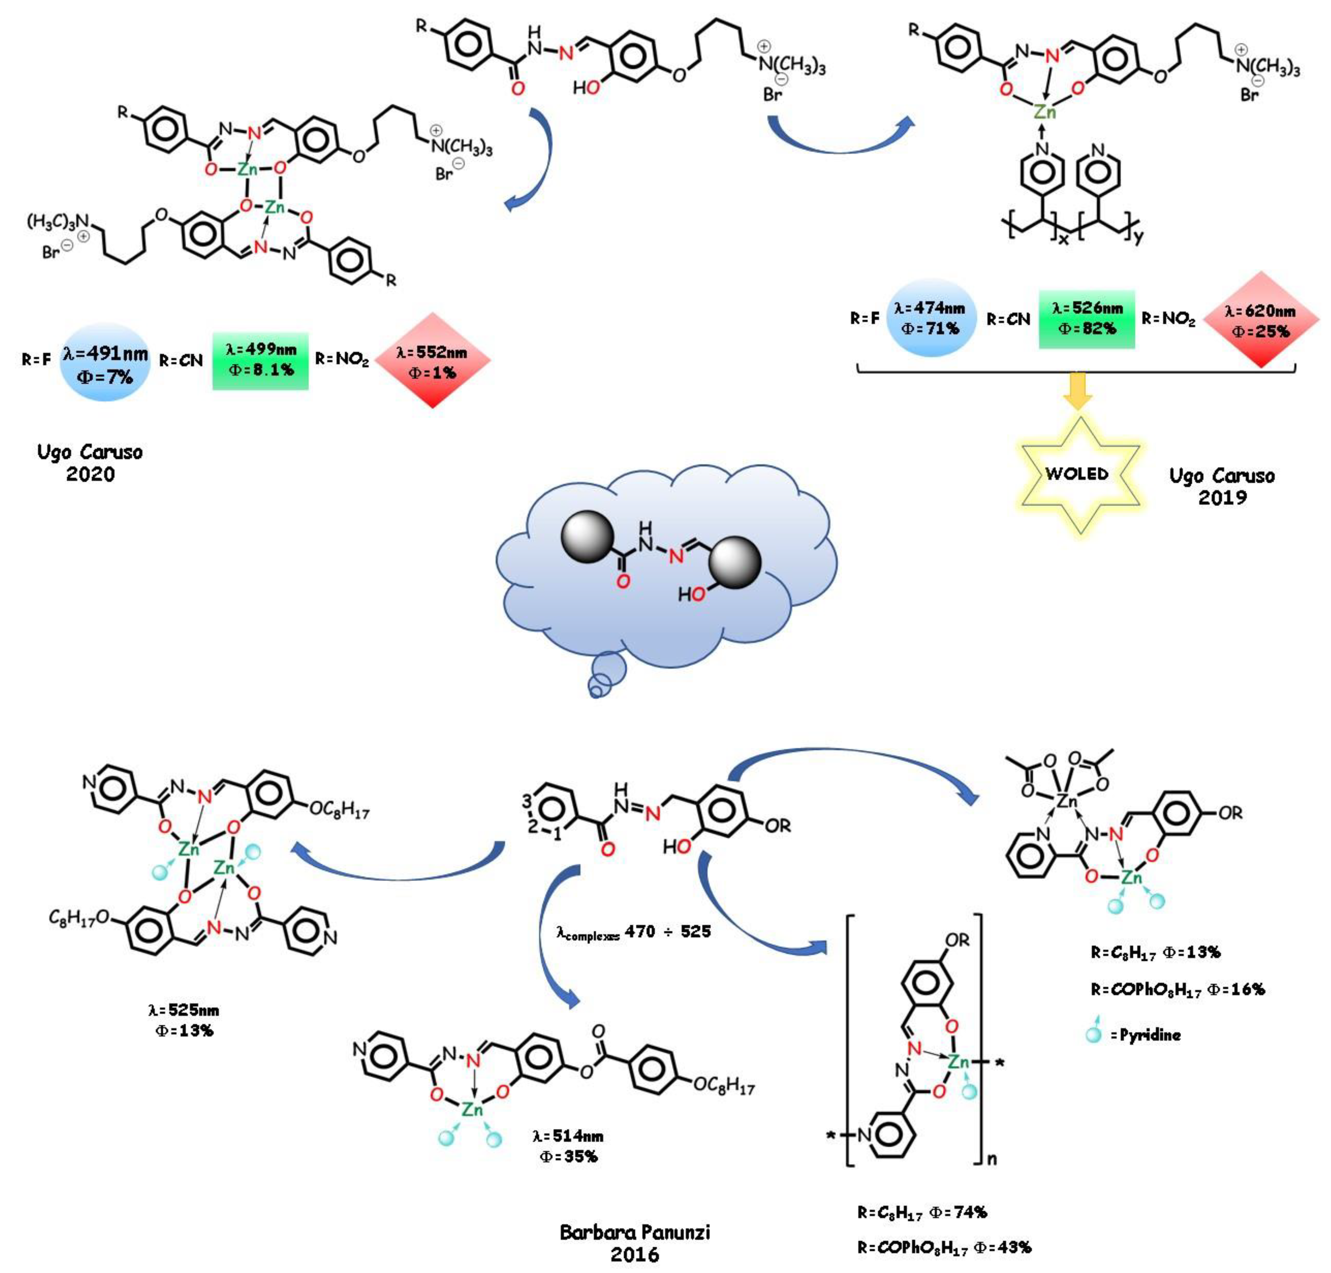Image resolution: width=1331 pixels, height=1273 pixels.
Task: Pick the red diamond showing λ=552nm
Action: (432, 361)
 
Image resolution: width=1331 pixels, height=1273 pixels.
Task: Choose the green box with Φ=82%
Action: (1086, 319)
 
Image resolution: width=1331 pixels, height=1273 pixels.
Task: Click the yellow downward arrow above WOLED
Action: (1077, 390)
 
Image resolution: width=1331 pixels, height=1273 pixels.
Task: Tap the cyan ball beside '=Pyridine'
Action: (1093, 1035)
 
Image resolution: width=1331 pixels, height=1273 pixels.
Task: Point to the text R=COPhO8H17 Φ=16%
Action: (1177, 989)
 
